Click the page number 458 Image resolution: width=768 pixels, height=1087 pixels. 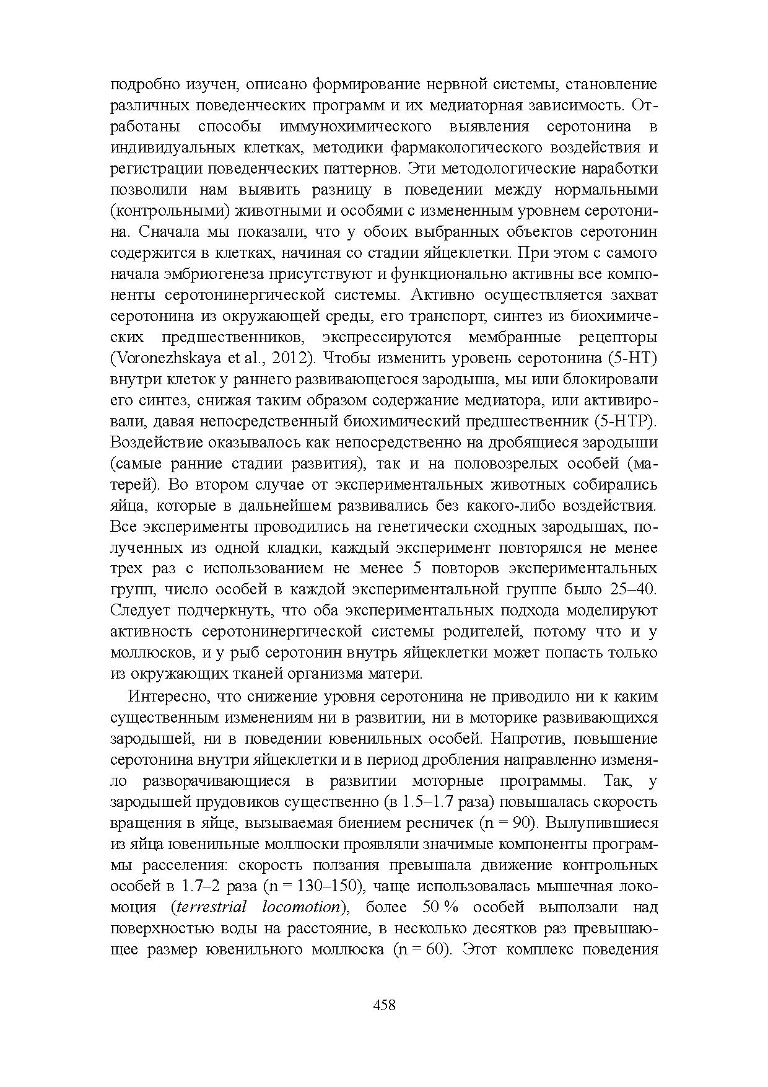[x=384, y=1005]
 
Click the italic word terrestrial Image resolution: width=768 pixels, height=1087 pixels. [x=211, y=907]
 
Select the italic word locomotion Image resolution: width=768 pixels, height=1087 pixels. [x=301, y=907]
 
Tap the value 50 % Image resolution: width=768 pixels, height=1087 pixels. [x=439, y=907]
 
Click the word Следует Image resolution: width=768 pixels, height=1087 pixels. [x=141, y=610]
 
